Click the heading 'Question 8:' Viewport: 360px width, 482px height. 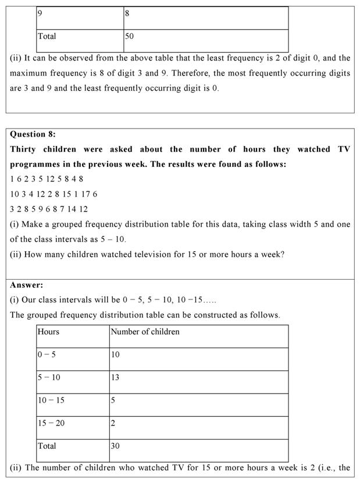(x=33, y=134)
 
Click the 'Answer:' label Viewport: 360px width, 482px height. (x=26, y=285)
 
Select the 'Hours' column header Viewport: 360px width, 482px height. (x=48, y=331)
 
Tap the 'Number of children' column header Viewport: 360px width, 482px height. (x=145, y=331)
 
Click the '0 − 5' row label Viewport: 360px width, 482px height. (x=47, y=354)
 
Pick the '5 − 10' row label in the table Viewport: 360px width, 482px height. (x=49, y=377)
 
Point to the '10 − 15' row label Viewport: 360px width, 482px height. (x=51, y=400)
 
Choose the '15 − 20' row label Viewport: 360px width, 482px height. (x=51, y=423)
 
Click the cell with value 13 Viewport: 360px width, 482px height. (x=115, y=377)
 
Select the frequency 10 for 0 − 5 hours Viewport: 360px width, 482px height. (x=115, y=354)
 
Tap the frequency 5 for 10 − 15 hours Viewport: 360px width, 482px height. (x=113, y=400)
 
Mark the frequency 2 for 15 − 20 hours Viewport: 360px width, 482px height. (x=113, y=423)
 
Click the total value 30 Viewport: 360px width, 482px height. (x=115, y=446)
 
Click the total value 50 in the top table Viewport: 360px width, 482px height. (x=129, y=36)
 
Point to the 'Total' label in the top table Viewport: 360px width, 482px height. (x=47, y=36)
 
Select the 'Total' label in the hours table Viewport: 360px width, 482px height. (x=47, y=446)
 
